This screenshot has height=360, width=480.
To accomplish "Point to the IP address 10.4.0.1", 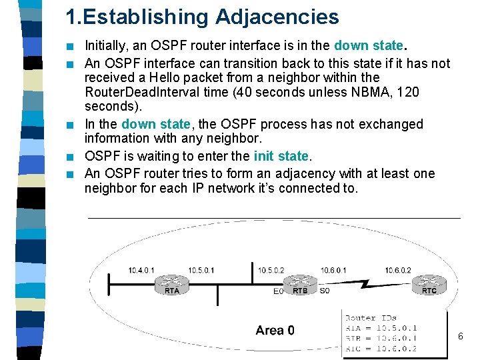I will tap(141, 270).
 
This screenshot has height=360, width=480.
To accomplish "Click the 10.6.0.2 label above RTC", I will tap(398, 270).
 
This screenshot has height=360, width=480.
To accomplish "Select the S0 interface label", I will tap(324, 291).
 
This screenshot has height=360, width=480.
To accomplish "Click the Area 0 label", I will tap(274, 330).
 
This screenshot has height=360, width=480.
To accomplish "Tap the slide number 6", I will tap(460, 337).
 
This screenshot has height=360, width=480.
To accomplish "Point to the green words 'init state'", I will tap(281, 157).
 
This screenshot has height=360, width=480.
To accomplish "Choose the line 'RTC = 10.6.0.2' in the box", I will tap(381, 349).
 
